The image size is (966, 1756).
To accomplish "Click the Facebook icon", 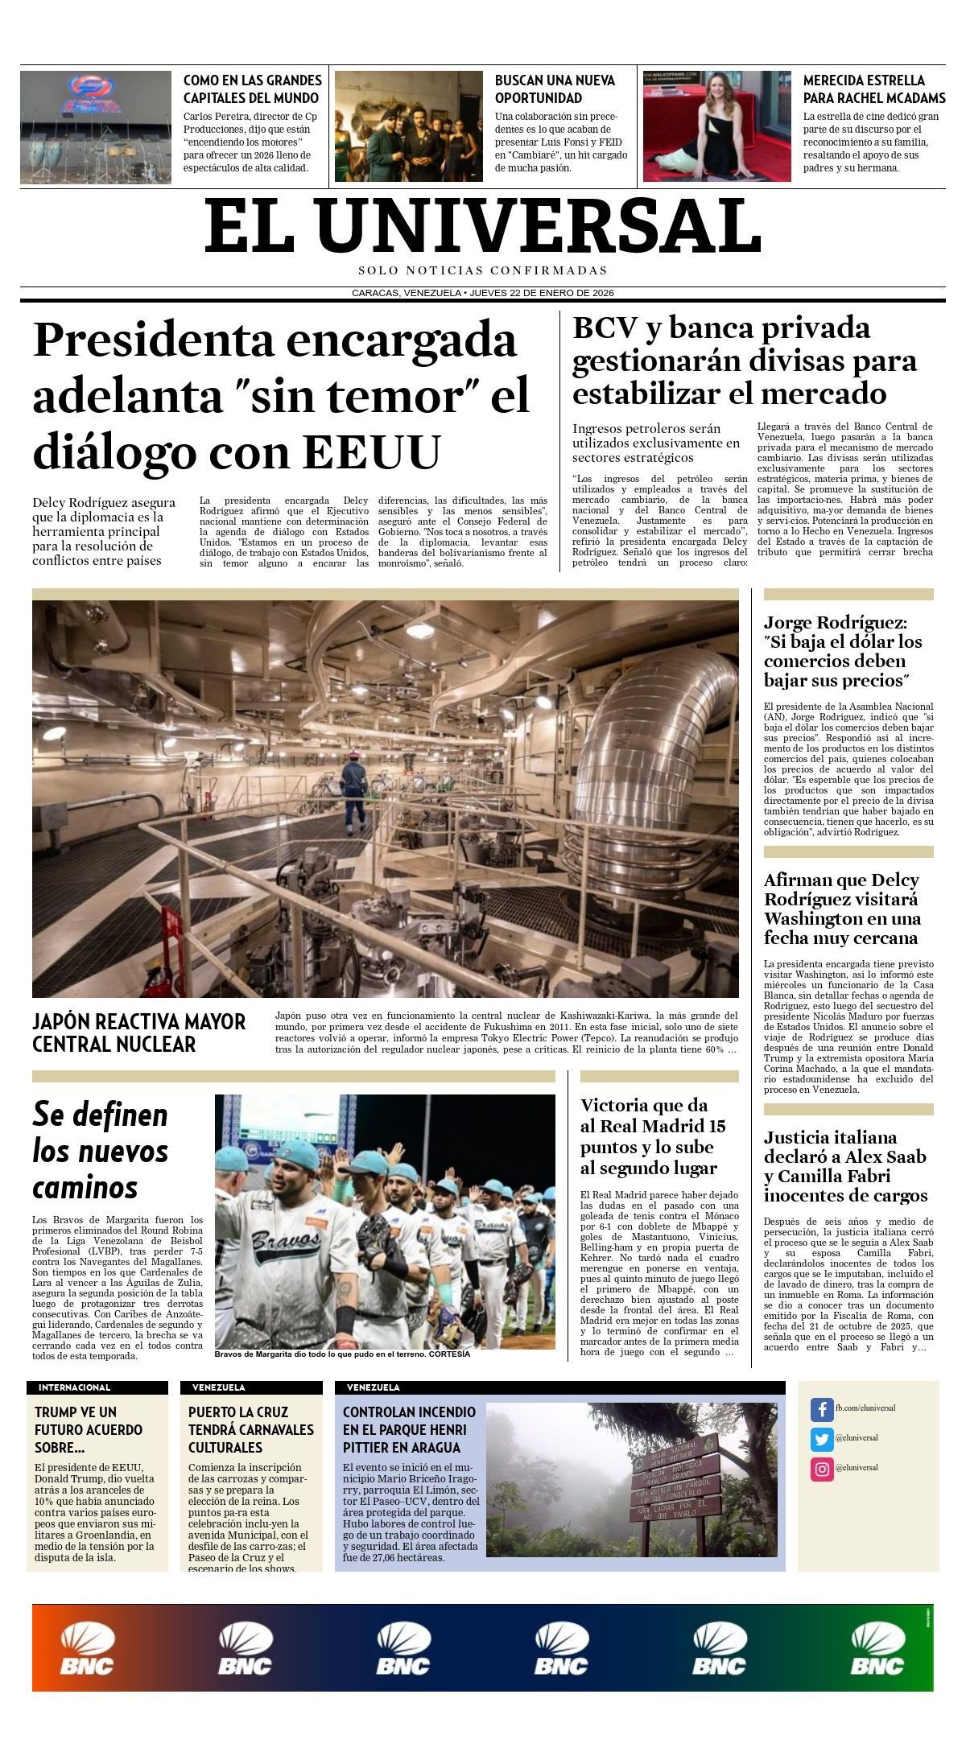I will tap(821, 1409).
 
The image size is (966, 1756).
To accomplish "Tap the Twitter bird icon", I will tap(821, 1439).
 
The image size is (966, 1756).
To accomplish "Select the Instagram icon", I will tap(821, 1470).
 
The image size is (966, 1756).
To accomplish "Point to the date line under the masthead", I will tap(482, 293).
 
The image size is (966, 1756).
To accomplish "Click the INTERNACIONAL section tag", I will tap(74, 1387).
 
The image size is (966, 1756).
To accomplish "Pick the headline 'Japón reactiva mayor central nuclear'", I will tap(138, 1033).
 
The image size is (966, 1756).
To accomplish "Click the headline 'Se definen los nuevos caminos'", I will tap(101, 1151).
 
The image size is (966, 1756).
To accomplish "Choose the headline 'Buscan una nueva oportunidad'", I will tap(555, 89).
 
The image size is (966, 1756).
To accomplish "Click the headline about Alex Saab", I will tap(845, 1166).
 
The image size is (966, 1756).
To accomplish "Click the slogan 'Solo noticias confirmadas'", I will tap(482, 270).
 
